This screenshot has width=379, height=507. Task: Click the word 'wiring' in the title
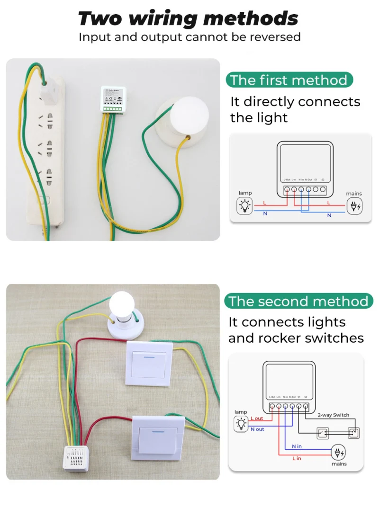point(162,19)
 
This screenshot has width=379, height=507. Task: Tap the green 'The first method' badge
point(289,80)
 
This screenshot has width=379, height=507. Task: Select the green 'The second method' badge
point(298,301)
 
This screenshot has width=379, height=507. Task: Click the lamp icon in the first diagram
point(244,206)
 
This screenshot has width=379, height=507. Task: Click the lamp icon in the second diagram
point(241,424)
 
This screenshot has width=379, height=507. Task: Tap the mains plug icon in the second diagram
point(339,453)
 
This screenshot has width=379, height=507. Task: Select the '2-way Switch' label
point(334,415)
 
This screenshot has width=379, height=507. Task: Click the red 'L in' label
point(297,459)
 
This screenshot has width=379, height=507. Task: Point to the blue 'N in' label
point(297,446)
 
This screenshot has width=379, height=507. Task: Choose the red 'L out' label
point(257,418)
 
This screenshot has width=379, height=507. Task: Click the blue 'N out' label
point(257,429)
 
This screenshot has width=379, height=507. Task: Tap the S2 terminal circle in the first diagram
point(323,189)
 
